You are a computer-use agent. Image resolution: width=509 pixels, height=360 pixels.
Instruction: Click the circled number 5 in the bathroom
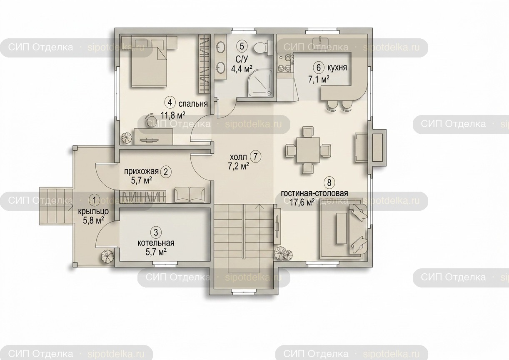click(242, 46)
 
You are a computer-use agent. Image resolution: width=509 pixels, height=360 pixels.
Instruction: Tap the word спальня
click(193, 104)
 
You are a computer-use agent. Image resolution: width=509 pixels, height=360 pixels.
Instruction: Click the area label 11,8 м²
click(173, 115)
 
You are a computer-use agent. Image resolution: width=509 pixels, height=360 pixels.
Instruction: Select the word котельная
click(156, 243)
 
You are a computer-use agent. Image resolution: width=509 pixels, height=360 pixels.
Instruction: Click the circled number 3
click(156, 232)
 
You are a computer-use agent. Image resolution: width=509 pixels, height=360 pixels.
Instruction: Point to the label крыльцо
click(93, 212)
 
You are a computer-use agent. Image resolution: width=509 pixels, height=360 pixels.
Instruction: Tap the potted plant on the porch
click(107, 256)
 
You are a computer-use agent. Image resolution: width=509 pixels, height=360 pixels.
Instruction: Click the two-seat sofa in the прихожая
click(190, 195)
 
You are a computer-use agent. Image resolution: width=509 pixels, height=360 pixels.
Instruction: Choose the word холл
click(238, 157)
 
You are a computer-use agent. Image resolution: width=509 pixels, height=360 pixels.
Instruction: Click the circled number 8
click(329, 182)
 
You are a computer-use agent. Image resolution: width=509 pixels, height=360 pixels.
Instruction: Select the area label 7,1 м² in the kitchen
click(319, 80)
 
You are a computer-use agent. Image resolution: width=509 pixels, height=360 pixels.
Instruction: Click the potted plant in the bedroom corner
click(126, 137)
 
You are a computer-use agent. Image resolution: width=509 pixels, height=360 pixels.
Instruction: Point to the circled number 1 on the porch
click(94, 200)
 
